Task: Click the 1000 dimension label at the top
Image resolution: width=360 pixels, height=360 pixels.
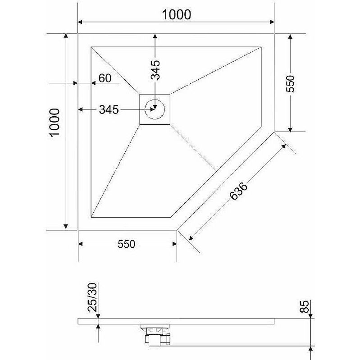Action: tap(176, 15)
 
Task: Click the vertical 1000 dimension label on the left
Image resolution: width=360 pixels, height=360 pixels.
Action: tap(55, 123)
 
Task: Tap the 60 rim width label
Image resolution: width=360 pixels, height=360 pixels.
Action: tap(105, 78)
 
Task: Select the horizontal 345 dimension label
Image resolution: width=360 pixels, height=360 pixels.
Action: tap(109, 109)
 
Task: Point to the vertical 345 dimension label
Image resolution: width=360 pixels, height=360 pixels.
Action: tap(155, 69)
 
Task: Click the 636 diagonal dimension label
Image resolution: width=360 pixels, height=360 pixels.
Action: tap(238, 191)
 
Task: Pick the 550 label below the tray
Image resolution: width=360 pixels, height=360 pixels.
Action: tap(126, 244)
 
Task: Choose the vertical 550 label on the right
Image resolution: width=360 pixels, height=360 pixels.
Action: tap(290, 83)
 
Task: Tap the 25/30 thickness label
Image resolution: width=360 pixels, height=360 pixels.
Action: tap(92, 297)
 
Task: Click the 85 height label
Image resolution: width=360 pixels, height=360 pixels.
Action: tap(305, 306)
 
